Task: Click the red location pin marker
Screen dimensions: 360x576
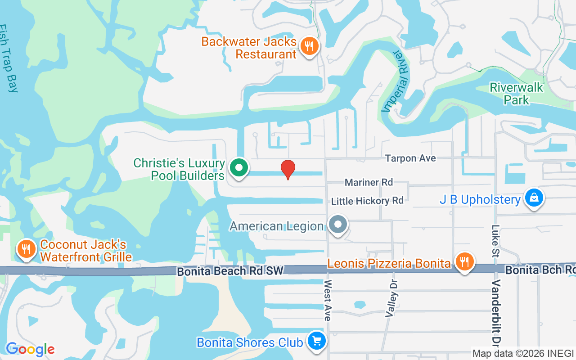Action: pyautogui.click(x=288, y=169)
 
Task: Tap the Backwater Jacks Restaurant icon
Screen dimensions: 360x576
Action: pyautogui.click(x=309, y=46)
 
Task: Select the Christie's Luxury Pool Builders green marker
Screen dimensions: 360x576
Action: pyautogui.click(x=239, y=168)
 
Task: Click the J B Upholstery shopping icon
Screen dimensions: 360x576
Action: pyautogui.click(x=533, y=198)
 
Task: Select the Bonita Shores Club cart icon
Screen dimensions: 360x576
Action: pyautogui.click(x=316, y=342)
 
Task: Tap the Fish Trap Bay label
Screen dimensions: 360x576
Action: pyautogui.click(x=9, y=58)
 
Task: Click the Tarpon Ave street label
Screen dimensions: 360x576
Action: pyautogui.click(x=410, y=158)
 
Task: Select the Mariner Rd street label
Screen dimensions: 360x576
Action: pyautogui.click(x=369, y=182)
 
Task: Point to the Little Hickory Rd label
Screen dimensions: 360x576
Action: pyautogui.click(x=367, y=201)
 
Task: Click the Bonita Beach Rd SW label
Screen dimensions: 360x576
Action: pyautogui.click(x=230, y=271)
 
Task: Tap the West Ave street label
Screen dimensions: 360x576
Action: pyautogui.click(x=328, y=300)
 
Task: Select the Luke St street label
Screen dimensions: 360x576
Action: pyautogui.click(x=496, y=240)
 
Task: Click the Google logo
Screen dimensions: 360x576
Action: pyautogui.click(x=30, y=349)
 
